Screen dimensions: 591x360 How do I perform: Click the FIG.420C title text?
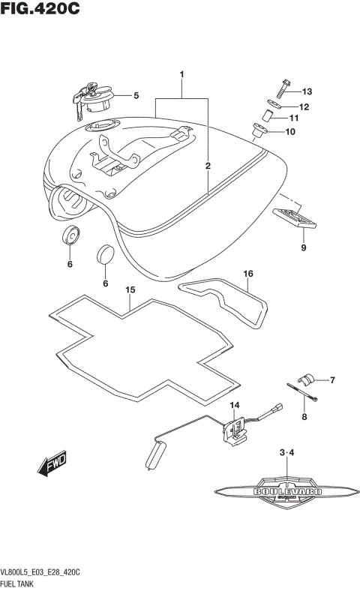pos(40,10)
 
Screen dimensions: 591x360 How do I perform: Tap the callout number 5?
pos(136,95)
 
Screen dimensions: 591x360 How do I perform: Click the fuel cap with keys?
pos(93,97)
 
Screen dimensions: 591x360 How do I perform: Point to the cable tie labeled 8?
pos(304,395)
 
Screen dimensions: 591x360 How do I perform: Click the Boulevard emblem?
pos(288,491)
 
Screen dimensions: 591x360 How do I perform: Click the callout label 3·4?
pos(287,453)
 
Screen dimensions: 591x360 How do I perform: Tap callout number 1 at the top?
pos(181,75)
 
